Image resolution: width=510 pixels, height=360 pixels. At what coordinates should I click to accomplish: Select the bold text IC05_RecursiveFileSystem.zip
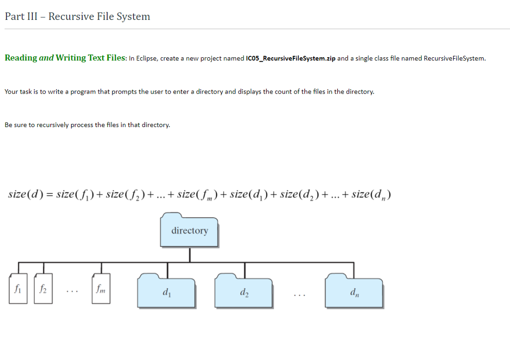pyautogui.click(x=290, y=58)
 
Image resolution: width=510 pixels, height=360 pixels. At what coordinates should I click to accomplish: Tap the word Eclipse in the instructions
pyautogui.click(x=146, y=58)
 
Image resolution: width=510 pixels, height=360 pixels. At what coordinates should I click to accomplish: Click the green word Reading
pyautogui.click(x=21, y=58)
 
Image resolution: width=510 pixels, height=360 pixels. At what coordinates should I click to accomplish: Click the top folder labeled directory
pyautogui.click(x=190, y=230)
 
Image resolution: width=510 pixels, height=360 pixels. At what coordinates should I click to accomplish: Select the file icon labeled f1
pyautogui.click(x=18, y=288)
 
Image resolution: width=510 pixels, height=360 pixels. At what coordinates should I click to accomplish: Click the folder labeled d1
pyautogui.click(x=166, y=291)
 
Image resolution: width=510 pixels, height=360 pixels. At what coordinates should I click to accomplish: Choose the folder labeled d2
pyautogui.click(x=244, y=291)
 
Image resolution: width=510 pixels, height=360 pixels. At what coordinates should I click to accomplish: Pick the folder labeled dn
pyautogui.click(x=354, y=291)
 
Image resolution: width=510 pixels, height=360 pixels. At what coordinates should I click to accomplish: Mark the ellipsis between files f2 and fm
pyautogui.click(x=71, y=291)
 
